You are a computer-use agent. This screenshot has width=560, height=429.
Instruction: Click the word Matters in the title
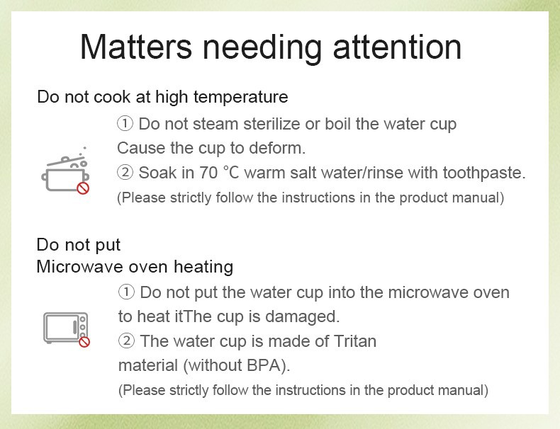coord(136,47)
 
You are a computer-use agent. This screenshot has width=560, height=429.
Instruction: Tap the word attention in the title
coord(397,47)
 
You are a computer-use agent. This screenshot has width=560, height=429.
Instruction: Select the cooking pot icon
coord(65,170)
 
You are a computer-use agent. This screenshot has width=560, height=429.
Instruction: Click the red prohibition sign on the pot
coord(83,188)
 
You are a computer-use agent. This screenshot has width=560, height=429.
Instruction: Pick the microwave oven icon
coord(66,328)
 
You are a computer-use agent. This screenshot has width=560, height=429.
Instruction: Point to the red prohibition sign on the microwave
coord(84,342)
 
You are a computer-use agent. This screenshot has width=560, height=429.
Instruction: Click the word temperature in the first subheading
coord(241,97)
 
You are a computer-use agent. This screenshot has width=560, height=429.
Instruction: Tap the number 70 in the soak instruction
coord(208,173)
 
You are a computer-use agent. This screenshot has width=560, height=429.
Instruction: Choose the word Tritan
coord(354,341)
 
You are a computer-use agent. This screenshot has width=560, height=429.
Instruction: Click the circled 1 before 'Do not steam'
coord(125,124)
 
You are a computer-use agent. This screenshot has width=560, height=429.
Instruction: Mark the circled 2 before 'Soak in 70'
coord(125,173)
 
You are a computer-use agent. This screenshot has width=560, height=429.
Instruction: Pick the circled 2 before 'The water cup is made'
coord(126,341)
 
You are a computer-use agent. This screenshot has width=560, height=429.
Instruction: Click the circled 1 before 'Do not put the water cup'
coord(126,292)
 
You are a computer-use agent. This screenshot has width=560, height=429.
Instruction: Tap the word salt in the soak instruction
coord(303,173)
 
